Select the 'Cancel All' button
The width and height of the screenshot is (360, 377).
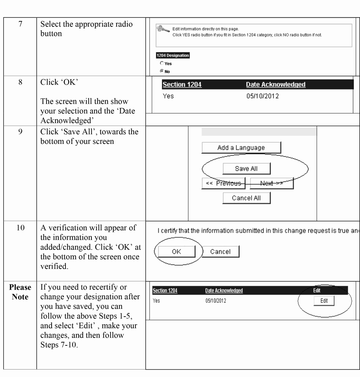(x=246, y=198)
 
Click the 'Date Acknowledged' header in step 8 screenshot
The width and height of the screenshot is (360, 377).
(x=276, y=85)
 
